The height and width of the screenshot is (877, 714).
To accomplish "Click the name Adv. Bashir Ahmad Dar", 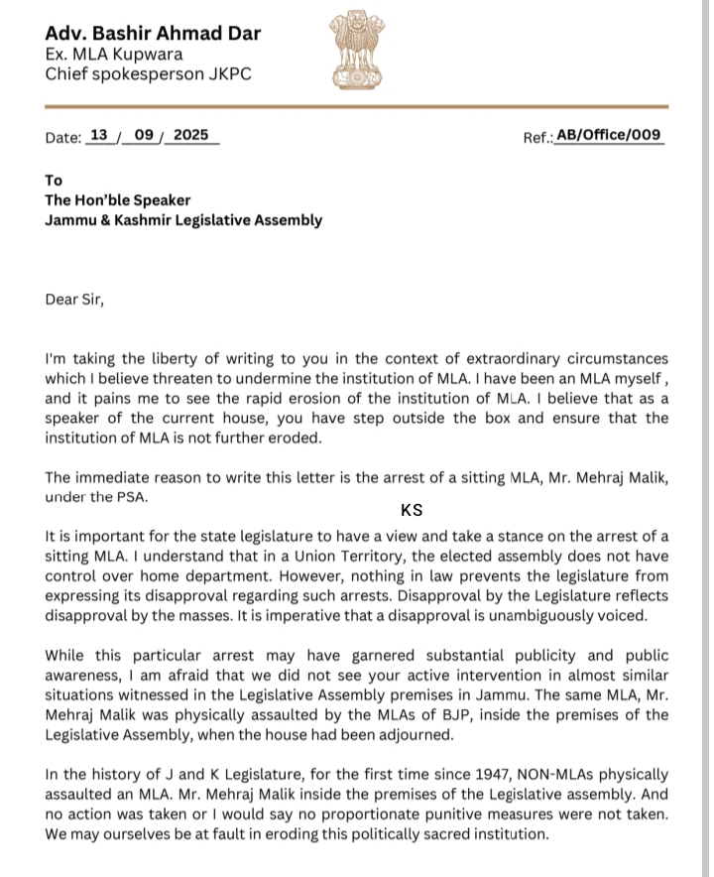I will [154, 33].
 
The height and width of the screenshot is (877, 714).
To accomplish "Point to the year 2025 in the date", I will [190, 136].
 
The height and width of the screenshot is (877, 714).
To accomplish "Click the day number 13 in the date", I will [99, 136].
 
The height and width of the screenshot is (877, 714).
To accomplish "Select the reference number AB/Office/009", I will [608, 136].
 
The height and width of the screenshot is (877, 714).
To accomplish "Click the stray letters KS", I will [412, 511].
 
